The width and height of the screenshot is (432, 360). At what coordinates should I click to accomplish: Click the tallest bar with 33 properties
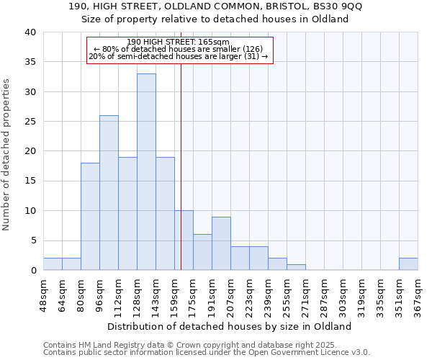(x=146, y=172)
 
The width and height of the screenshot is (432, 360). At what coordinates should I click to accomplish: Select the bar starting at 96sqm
(x=109, y=193)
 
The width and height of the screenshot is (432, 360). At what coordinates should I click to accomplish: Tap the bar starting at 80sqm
(x=90, y=217)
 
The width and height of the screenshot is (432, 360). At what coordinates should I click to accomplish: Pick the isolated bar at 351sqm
(x=408, y=264)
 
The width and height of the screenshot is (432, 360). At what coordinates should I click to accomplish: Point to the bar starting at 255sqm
(x=296, y=267)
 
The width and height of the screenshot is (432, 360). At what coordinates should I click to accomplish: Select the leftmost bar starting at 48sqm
(x=53, y=264)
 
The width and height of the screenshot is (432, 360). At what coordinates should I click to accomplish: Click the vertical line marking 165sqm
(x=181, y=166)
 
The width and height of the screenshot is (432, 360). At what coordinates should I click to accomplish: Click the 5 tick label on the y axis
(x=32, y=240)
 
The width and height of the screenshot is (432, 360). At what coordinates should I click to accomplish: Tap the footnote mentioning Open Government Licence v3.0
(x=207, y=353)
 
